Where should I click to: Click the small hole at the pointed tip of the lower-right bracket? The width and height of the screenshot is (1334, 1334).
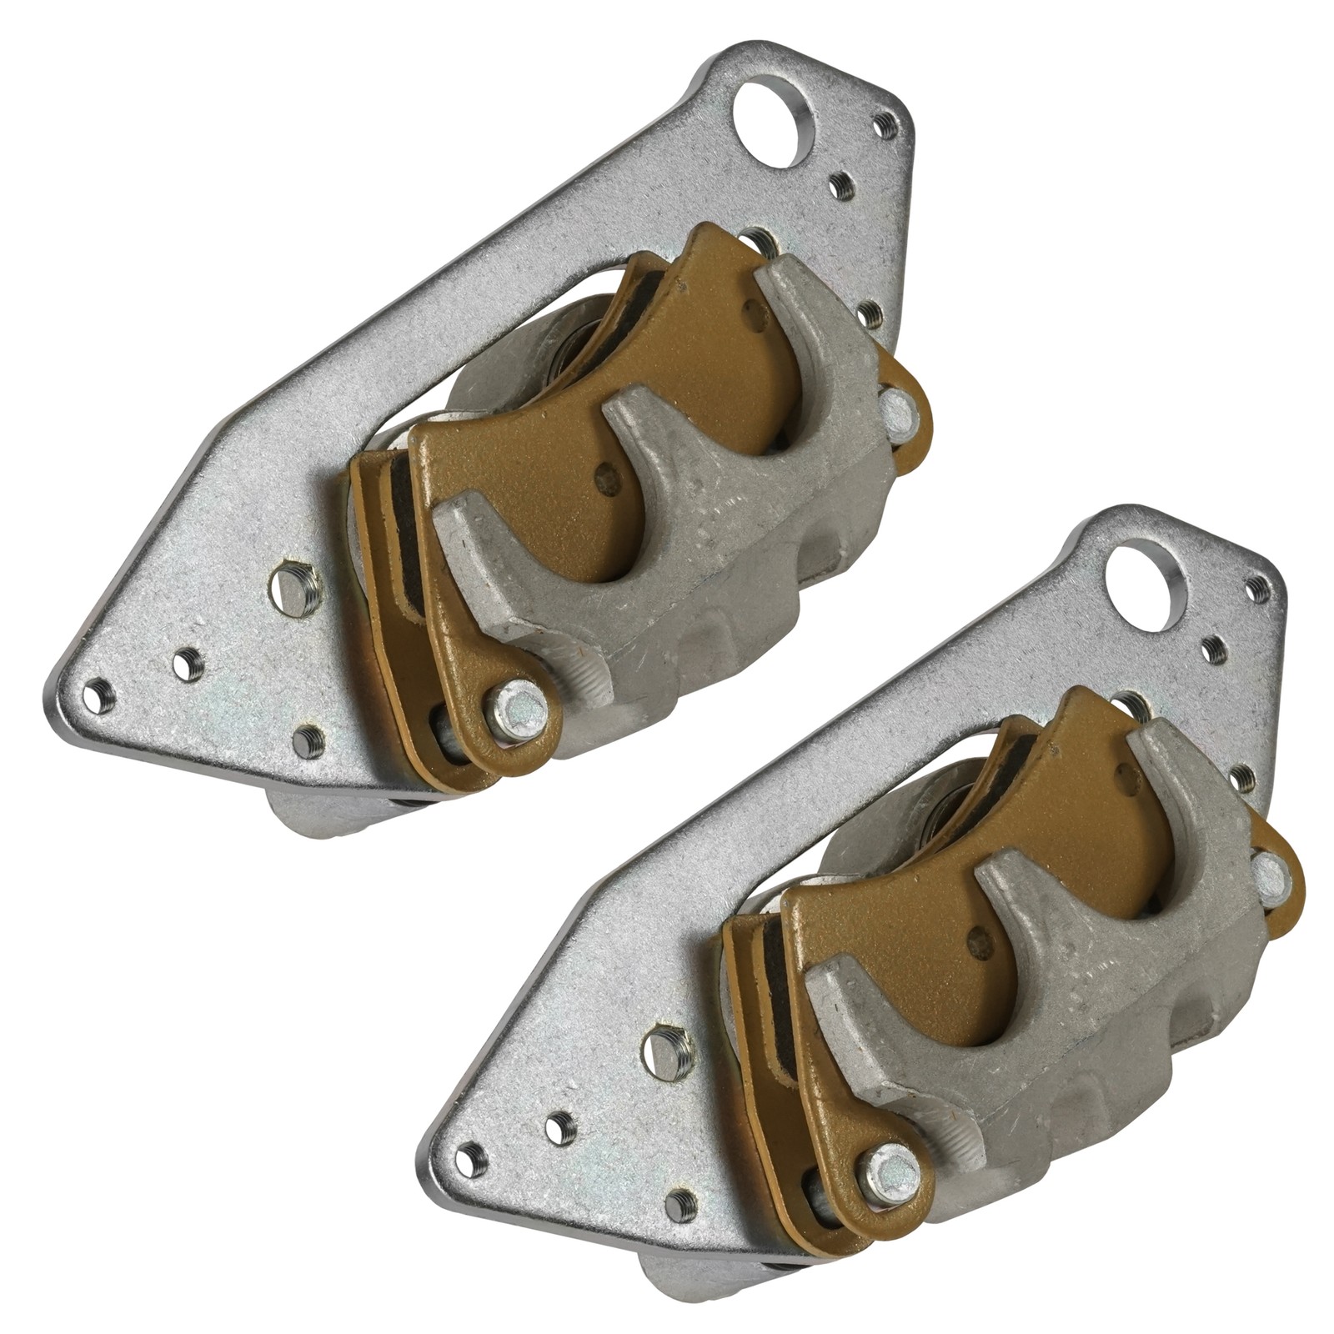(x=471, y=1158)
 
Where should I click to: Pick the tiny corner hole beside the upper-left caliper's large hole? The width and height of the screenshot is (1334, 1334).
(x=885, y=125)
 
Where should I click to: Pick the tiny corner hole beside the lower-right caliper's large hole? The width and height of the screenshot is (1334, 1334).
(x=1256, y=589)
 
